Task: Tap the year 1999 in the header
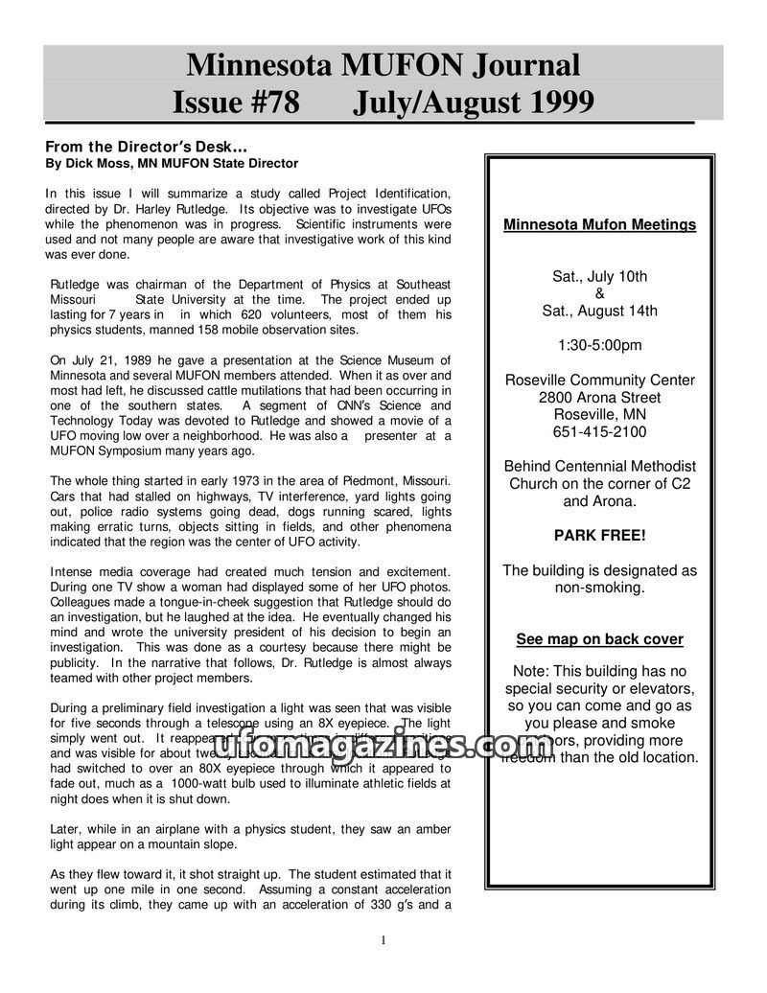point(552,101)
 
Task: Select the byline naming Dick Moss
point(172,164)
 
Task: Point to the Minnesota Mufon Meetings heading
point(600,225)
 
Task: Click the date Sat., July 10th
point(600,277)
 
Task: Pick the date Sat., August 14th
point(600,311)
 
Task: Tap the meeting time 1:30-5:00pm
point(600,345)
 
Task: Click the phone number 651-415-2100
point(600,432)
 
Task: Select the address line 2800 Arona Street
point(600,398)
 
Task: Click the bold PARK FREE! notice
point(600,535)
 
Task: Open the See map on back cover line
point(600,639)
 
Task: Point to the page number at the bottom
point(383,940)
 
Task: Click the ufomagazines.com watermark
point(383,745)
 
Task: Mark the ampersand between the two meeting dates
point(600,293)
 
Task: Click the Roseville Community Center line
point(600,381)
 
